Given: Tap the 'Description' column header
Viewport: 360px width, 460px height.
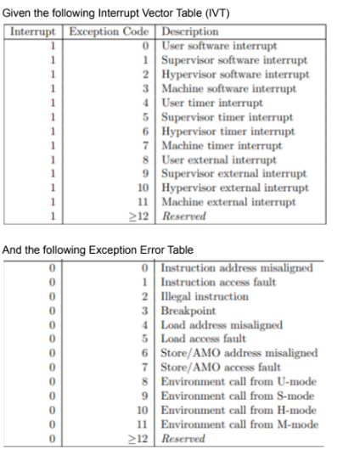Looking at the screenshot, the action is tap(188, 31).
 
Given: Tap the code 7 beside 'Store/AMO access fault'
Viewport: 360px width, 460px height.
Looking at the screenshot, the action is tap(148, 367).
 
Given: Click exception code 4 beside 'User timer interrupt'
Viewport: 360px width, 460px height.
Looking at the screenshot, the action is tap(148, 103).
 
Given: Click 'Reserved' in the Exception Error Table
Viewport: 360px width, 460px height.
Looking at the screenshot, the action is tap(183, 439).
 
